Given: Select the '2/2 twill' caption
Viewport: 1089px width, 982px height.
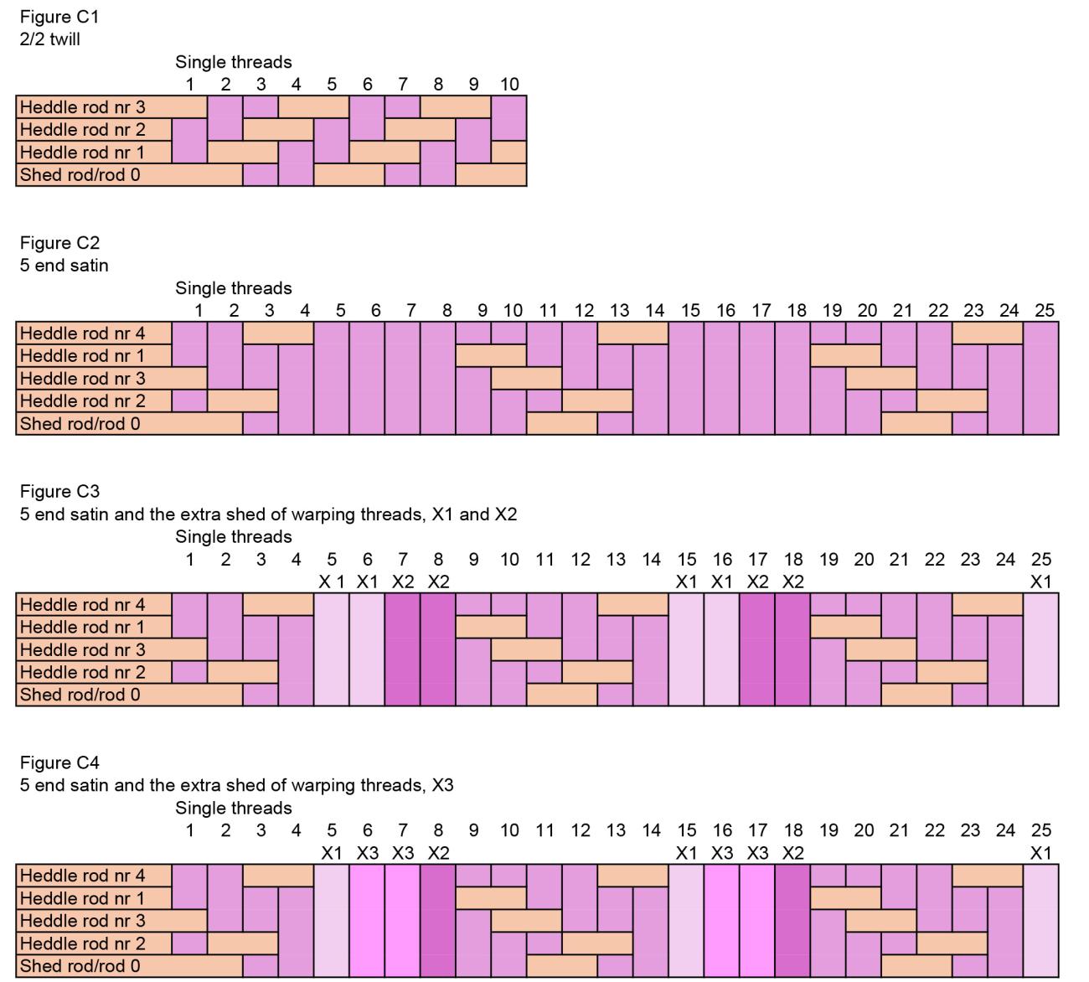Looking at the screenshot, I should pyautogui.click(x=50, y=39).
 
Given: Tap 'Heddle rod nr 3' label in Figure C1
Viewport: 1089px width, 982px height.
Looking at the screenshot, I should pyautogui.click(x=82, y=107).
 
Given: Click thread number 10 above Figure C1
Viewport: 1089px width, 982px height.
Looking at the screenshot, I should pyautogui.click(x=509, y=84).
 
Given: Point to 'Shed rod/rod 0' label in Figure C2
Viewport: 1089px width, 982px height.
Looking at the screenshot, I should pyautogui.click(x=80, y=423).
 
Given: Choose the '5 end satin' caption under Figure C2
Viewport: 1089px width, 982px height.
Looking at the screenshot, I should pyautogui.click(x=64, y=265).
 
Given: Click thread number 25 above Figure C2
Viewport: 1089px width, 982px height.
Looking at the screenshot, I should pyautogui.click(x=1044, y=310).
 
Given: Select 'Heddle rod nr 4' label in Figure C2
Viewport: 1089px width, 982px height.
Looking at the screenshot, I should pyautogui.click(x=82, y=333).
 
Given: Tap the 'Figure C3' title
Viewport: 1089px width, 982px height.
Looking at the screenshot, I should pyautogui.click(x=59, y=491).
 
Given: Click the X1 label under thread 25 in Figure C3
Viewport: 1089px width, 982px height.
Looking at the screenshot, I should pyautogui.click(x=1040, y=581).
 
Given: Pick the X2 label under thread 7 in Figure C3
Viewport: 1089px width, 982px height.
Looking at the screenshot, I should pyautogui.click(x=403, y=581).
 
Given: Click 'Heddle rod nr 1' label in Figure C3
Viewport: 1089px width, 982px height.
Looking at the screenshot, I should pyautogui.click(x=82, y=627).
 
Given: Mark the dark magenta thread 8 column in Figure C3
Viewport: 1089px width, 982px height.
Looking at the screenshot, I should pyautogui.click(x=438, y=649).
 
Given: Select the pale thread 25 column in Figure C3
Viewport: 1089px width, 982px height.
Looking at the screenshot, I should pyautogui.click(x=1040, y=649).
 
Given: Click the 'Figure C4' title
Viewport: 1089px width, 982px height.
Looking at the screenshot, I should pyautogui.click(x=59, y=762).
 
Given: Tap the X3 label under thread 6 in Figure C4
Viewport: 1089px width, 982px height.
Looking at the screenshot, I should pyautogui.click(x=367, y=853).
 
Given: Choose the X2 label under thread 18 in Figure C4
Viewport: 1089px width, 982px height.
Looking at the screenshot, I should pyautogui.click(x=792, y=853).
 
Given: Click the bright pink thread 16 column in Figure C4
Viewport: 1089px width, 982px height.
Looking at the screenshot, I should pyautogui.click(x=722, y=921).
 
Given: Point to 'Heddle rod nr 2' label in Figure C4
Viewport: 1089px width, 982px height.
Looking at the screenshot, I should pyautogui.click(x=82, y=943).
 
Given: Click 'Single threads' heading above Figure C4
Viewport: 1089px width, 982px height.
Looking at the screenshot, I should pyautogui.click(x=234, y=809).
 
